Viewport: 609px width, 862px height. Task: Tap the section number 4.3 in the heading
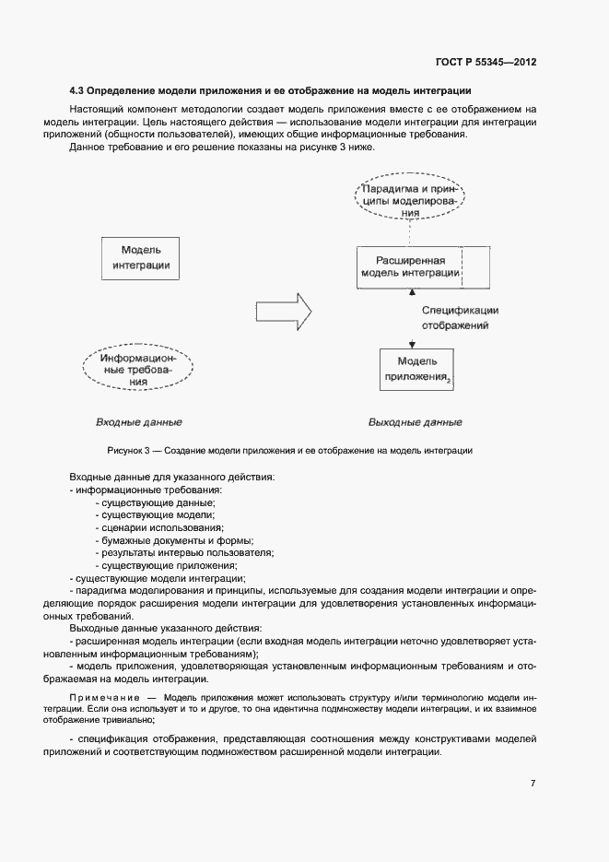pyautogui.click(x=78, y=91)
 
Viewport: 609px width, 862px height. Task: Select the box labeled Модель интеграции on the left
pyautogui.click(x=141, y=257)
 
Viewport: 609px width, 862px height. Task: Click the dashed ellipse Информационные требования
pyautogui.click(x=138, y=368)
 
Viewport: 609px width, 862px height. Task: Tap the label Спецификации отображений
pyautogui.click(x=461, y=318)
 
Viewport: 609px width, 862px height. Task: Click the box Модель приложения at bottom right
pyautogui.click(x=417, y=368)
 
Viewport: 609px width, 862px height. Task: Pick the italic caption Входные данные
pyautogui.click(x=138, y=422)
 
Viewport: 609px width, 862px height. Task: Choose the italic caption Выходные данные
pyautogui.click(x=415, y=422)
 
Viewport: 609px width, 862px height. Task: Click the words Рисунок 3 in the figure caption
pyautogui.click(x=127, y=450)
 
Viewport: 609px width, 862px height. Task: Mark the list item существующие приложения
pyautogui.click(x=169, y=565)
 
